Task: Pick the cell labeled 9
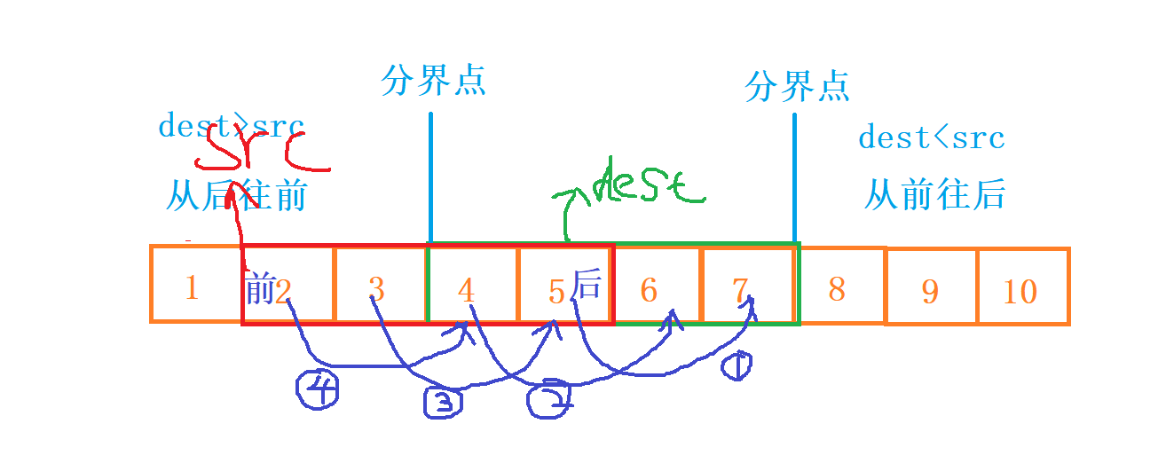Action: (x=931, y=288)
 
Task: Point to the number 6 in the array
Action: (x=650, y=289)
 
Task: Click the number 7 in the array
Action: (x=742, y=289)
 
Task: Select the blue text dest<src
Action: (x=931, y=138)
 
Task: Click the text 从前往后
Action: (x=934, y=194)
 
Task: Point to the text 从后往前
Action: (x=235, y=196)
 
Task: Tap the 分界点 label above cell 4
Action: (x=434, y=81)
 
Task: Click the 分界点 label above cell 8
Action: (x=798, y=86)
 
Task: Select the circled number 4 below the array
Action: (x=317, y=389)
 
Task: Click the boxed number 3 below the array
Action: (x=445, y=402)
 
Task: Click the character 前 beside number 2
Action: (x=259, y=287)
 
